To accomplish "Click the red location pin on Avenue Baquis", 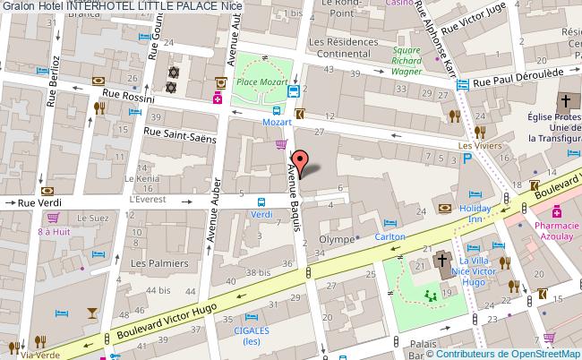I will coord(302,162).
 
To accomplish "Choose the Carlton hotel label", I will coord(390,236).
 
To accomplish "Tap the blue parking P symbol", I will coord(466,159).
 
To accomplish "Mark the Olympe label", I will coord(325,240).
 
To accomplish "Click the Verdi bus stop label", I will coord(261,215).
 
